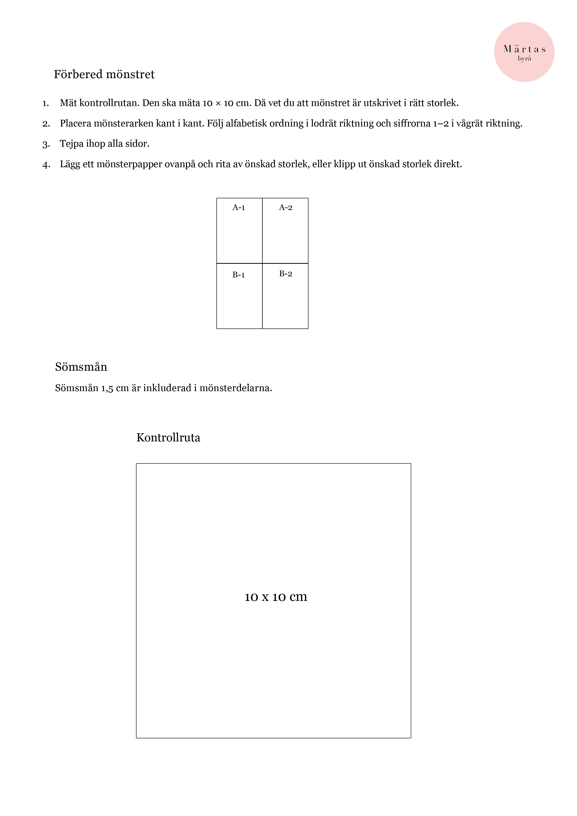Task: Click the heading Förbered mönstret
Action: point(104,74)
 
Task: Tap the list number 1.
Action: point(46,103)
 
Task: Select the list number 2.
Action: point(46,124)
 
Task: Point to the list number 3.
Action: point(46,144)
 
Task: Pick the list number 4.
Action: point(46,165)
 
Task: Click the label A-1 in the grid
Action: point(239,208)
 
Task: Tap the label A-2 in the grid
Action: point(286,208)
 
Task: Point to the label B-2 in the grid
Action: point(286,274)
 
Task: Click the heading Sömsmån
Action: point(81,367)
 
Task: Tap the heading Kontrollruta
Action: point(168,437)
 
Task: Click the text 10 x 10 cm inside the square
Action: point(276,597)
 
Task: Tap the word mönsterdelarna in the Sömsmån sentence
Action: point(235,388)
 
